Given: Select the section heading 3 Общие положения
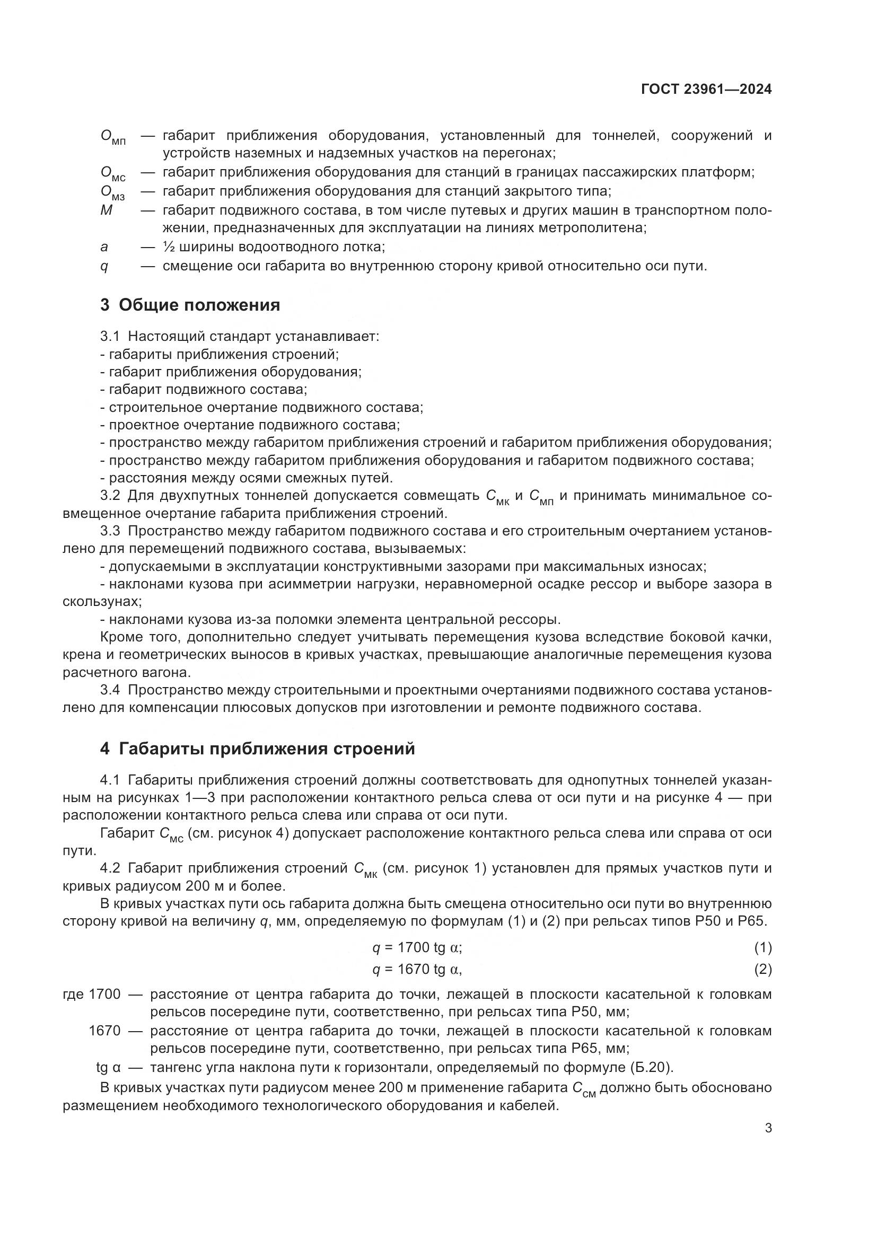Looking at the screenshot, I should click(x=190, y=305).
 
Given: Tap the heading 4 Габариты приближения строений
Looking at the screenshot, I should click(x=258, y=749).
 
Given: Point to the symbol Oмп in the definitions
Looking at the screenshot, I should click(x=113, y=137).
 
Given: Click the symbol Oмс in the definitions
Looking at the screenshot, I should click(x=113, y=174).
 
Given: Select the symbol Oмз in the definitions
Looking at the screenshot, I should click(x=113, y=193).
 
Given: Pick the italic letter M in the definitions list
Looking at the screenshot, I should click(x=107, y=210).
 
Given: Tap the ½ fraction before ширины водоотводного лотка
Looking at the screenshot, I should click(x=168, y=248).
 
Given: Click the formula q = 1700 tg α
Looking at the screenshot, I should click(x=417, y=947).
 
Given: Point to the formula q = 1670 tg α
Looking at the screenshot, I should click(x=417, y=970).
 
